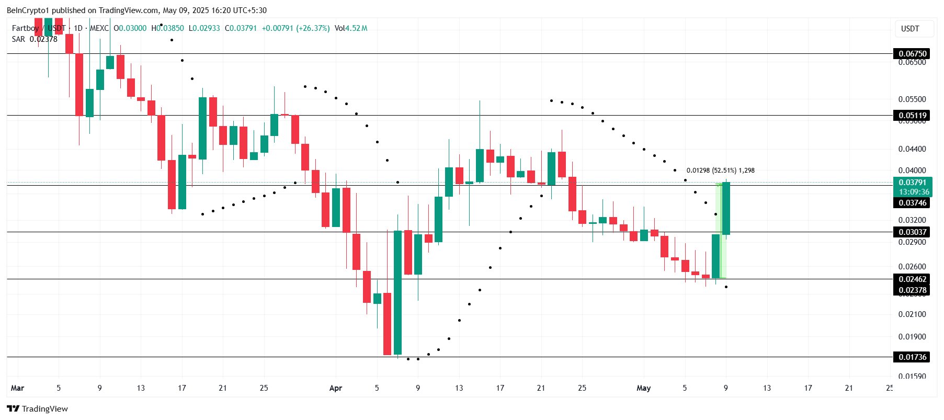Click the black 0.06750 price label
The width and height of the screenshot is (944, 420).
[x=912, y=53]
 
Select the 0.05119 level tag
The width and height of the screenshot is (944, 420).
[x=912, y=116]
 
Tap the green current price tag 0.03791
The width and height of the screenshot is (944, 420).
[x=912, y=183]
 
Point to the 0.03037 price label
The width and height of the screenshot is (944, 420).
[x=912, y=232]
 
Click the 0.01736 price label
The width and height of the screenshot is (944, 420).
[x=912, y=357]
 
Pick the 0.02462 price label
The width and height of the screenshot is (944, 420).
[x=912, y=279]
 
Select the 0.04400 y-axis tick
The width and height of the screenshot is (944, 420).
[x=912, y=149]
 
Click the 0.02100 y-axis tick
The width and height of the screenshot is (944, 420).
[x=912, y=314]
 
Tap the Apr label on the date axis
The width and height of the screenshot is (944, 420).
[x=335, y=388]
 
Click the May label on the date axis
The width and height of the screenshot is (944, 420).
[x=643, y=388]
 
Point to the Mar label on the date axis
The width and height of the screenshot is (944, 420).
[x=17, y=388]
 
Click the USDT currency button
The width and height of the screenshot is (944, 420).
[x=910, y=29]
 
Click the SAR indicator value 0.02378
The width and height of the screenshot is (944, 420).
[x=43, y=39]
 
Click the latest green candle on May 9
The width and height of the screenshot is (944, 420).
[x=726, y=208]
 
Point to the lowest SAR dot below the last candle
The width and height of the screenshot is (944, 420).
[x=726, y=287]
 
